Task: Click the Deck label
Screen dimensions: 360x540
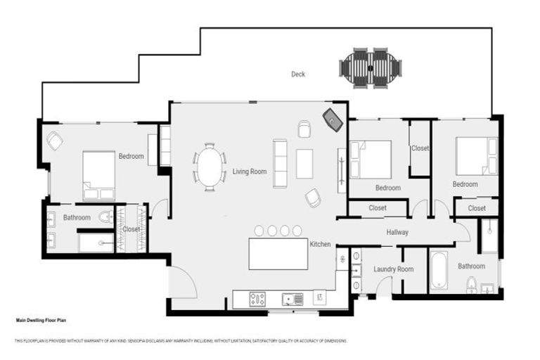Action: click(x=298, y=75)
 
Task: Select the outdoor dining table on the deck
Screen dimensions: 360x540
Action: click(x=371, y=67)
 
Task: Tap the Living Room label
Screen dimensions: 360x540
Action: click(x=250, y=171)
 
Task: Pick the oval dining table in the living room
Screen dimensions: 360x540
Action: click(x=210, y=167)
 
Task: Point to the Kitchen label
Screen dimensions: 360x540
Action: click(x=321, y=244)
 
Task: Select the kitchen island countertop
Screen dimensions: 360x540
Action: click(x=278, y=253)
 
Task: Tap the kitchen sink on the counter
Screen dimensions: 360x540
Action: click(x=292, y=299)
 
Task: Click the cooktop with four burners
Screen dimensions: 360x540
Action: click(x=258, y=299)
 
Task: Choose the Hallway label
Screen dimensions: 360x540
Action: click(x=397, y=232)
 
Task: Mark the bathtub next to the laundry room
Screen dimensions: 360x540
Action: click(x=439, y=269)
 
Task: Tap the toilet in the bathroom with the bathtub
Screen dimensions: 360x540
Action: click(x=471, y=284)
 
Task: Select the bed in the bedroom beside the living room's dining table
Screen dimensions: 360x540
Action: click(x=99, y=175)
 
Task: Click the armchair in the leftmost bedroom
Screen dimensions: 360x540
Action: click(x=55, y=141)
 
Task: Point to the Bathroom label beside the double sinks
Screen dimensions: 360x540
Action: click(x=77, y=218)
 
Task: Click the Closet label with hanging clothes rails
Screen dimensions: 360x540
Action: click(x=131, y=229)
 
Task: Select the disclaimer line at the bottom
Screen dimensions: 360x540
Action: click(x=181, y=341)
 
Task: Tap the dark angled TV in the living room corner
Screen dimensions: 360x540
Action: click(x=333, y=120)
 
